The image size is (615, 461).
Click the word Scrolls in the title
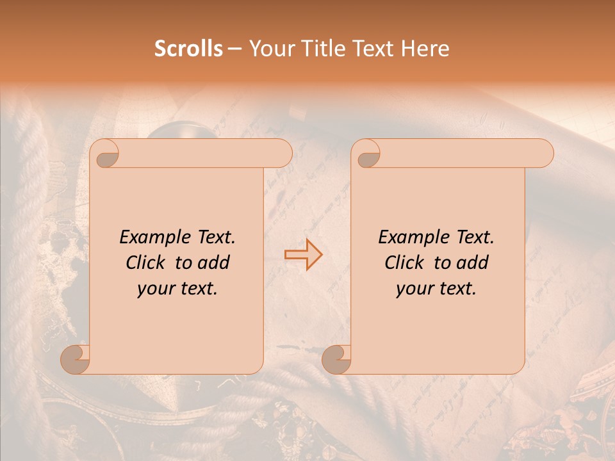pos(188,49)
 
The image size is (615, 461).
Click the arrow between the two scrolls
pos(303,254)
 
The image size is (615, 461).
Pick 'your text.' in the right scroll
pos(436,289)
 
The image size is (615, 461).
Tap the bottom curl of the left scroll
pos(76,359)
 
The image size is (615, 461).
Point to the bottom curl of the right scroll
pos(337,359)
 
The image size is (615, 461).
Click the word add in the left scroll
pos(215,263)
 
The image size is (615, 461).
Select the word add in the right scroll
pos(473,263)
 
